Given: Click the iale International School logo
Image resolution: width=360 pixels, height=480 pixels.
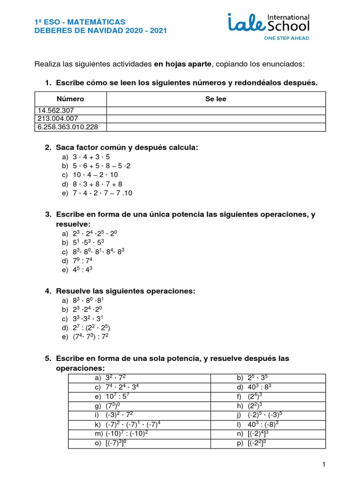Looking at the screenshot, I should pyautogui.click(x=268, y=23).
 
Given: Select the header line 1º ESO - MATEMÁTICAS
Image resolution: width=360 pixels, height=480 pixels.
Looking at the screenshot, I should pyautogui.click(x=80, y=22).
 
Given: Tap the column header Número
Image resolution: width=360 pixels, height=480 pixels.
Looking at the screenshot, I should pyautogui.click(x=70, y=99).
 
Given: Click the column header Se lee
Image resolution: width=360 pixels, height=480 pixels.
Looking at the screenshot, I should pyautogui.click(x=216, y=99).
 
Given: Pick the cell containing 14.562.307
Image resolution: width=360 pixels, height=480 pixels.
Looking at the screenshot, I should pyautogui.click(x=71, y=111).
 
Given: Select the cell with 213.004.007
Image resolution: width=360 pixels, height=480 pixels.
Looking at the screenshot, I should pyautogui.click(x=71, y=119).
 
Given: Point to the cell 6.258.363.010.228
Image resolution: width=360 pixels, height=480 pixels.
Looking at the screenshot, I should pyautogui.click(x=71, y=127).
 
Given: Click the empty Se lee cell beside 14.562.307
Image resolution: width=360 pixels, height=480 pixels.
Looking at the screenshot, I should pyautogui.click(x=216, y=111).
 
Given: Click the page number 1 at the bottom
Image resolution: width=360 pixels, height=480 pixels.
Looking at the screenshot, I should pyautogui.click(x=323, y=464).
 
